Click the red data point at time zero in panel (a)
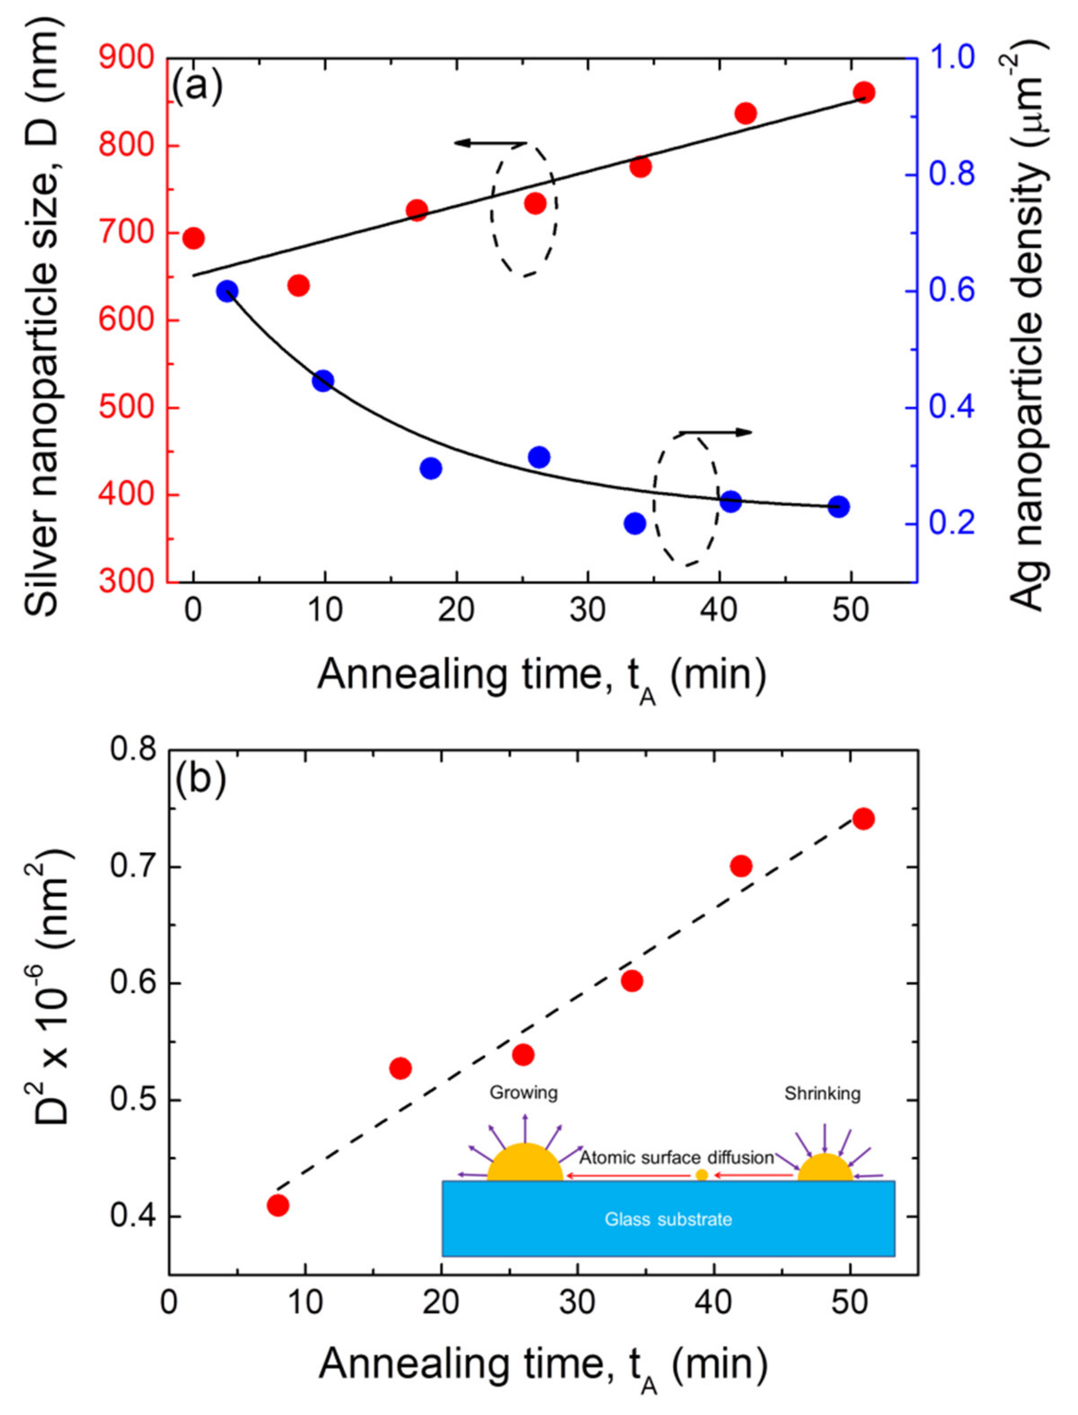coord(193,238)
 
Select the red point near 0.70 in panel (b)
coord(741,866)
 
